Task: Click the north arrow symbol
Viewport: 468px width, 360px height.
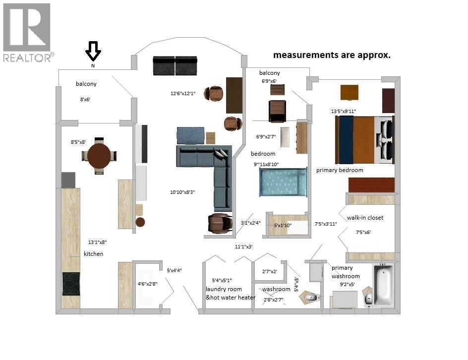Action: tap(93, 51)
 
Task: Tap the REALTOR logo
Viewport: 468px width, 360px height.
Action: tap(28, 32)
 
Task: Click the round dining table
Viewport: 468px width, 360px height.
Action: tap(99, 156)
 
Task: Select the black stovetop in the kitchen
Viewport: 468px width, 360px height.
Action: tap(71, 284)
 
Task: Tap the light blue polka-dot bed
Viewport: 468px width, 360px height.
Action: tap(283, 182)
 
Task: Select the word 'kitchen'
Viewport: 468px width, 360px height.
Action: tap(93, 254)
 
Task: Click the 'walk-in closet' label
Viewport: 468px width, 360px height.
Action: tap(365, 218)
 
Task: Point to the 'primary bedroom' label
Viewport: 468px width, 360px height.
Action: tap(340, 170)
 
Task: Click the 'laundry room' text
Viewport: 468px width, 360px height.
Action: tap(224, 289)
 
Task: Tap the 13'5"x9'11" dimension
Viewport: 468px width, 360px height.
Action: tap(344, 112)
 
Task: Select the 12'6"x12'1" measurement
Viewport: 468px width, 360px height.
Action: tap(183, 93)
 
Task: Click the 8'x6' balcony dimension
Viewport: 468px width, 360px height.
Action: tap(85, 99)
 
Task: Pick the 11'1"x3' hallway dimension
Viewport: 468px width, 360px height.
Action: tap(244, 246)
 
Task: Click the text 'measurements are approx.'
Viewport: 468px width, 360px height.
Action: tap(332, 55)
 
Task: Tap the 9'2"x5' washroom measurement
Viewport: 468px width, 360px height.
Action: tap(348, 285)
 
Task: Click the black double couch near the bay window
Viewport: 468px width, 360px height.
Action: tap(175, 65)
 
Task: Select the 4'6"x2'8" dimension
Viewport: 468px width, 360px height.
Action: tap(147, 284)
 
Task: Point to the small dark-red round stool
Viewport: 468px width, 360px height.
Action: tap(140, 222)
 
